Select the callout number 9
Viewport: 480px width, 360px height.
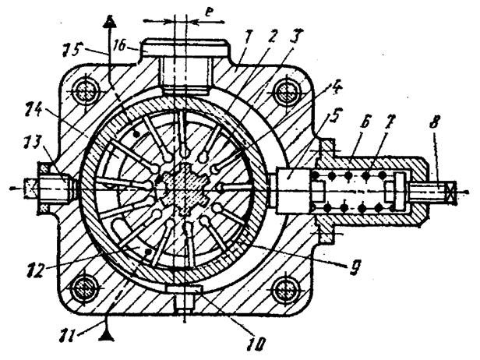point(355,267)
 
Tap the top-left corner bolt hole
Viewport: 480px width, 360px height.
point(84,92)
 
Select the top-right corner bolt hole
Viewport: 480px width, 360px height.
point(286,92)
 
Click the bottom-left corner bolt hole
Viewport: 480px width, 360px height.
point(84,288)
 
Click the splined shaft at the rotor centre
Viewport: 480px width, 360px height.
point(184,189)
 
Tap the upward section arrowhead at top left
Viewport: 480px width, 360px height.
point(108,22)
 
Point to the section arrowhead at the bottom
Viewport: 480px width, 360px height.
point(108,336)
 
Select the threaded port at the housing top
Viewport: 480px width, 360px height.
point(185,76)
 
